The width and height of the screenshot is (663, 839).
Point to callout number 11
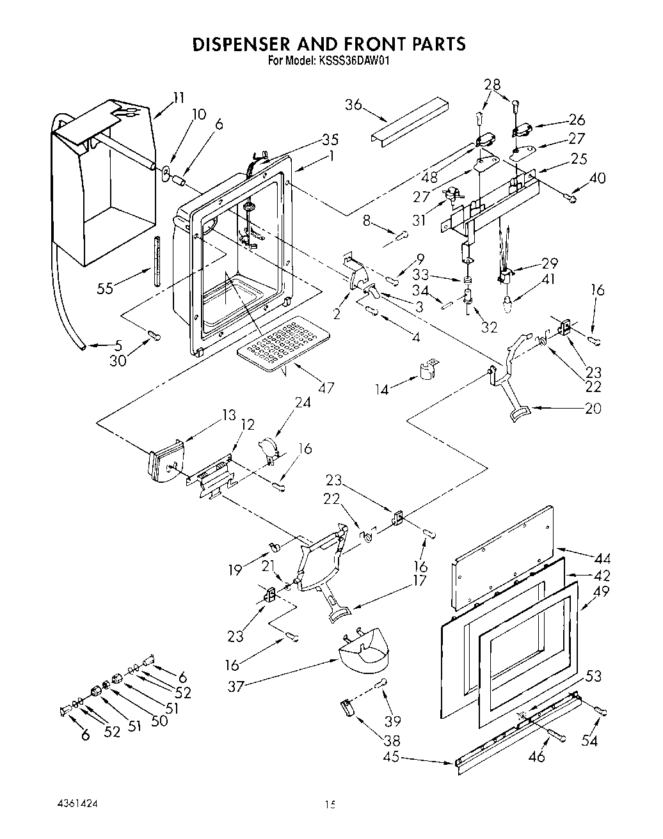[x=179, y=98]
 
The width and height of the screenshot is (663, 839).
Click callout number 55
[x=104, y=288]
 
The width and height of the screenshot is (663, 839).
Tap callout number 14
[x=381, y=389]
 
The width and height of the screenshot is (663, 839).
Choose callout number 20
[x=593, y=409]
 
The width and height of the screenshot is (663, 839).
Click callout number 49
[x=602, y=592]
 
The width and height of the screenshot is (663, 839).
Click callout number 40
[x=598, y=178]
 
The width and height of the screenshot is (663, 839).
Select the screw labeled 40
[x=571, y=199]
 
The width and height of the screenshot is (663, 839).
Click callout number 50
[x=159, y=720]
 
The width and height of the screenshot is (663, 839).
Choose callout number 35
[x=330, y=139]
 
